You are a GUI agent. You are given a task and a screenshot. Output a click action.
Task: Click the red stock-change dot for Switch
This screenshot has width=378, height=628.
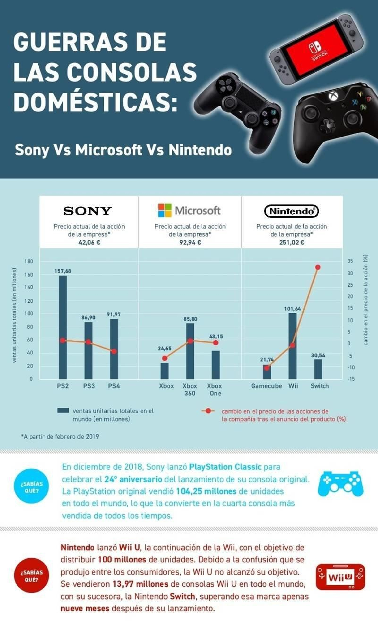point(318,267)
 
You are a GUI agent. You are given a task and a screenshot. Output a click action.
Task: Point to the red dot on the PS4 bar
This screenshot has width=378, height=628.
point(114,351)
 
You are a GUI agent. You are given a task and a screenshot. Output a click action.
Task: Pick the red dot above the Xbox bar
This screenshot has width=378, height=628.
point(165,358)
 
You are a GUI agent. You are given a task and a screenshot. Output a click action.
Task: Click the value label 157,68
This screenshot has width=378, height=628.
point(63,271)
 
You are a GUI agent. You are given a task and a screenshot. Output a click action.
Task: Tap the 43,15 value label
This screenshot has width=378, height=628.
point(216,336)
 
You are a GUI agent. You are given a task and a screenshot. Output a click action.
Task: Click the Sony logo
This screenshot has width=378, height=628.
point(88,211)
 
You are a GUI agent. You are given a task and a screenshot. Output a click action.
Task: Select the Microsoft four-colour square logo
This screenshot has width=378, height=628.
point(165,210)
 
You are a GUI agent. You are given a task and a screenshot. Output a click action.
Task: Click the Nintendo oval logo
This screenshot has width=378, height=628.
point(292,211)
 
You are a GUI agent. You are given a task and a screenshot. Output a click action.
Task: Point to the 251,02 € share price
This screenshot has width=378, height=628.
point(292,242)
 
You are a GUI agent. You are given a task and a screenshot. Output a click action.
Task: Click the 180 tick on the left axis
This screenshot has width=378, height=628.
point(29,261)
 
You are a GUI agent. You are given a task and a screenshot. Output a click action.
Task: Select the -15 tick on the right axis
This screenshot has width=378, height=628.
point(351,379)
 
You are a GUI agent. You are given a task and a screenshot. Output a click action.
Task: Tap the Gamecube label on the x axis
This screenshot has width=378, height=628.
point(266,386)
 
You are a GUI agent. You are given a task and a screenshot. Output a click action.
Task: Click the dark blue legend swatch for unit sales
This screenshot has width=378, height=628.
point(63,410)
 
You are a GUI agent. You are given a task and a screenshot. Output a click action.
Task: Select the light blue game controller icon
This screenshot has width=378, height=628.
point(341,483)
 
